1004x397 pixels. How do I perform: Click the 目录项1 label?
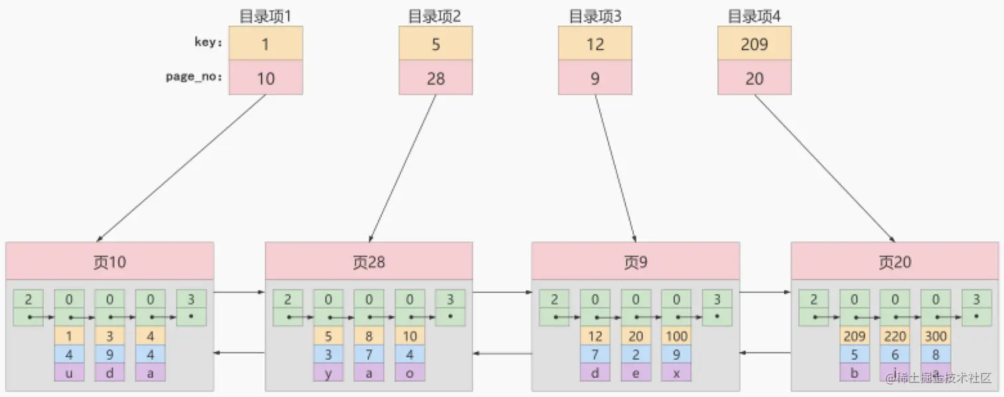[x=266, y=16]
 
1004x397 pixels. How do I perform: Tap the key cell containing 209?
[x=754, y=44]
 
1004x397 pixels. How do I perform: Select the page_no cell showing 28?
[x=436, y=78]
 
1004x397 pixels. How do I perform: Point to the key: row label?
[x=208, y=42]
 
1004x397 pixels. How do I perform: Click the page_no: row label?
[x=194, y=77]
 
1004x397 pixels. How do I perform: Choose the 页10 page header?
[x=110, y=262]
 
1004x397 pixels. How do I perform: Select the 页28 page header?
[x=369, y=262]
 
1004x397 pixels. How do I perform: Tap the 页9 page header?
[x=635, y=262]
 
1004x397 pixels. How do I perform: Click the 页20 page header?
[x=894, y=262]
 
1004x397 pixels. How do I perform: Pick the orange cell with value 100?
[x=676, y=336]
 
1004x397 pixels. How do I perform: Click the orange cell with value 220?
[x=894, y=336]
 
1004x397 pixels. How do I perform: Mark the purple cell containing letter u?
[x=69, y=372]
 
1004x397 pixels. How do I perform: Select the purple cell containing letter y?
[x=329, y=372]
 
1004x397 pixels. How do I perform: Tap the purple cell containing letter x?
[x=676, y=372]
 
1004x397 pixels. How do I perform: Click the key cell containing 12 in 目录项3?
[x=595, y=44]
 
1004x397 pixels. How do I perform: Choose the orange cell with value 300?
[x=936, y=336]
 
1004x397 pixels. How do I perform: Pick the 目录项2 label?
[x=435, y=16]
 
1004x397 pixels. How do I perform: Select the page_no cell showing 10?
[x=266, y=78]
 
